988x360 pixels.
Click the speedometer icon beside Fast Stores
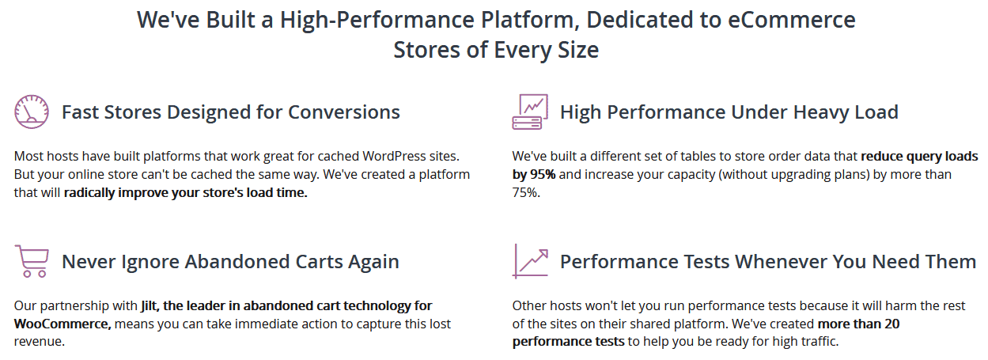(32, 112)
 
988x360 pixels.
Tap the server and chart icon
(530, 112)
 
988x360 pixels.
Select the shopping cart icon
(32, 261)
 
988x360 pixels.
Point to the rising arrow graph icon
(530, 261)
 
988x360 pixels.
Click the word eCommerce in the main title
(791, 20)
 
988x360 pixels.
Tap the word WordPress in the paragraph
(394, 156)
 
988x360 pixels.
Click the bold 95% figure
(543, 174)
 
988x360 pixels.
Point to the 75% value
(526, 192)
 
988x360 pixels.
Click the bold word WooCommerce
(62, 324)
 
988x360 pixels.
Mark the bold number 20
(891, 324)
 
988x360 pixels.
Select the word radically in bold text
(89, 193)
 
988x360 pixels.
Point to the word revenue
(39, 342)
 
